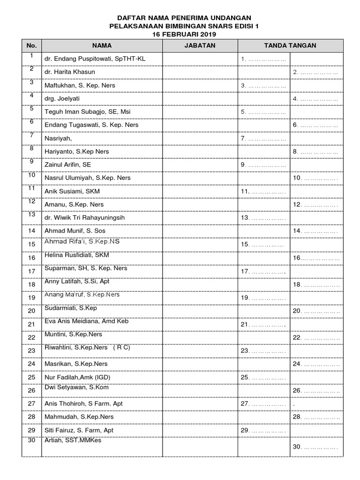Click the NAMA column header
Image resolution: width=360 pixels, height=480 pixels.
point(102,45)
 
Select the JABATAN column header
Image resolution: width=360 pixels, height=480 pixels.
point(200,45)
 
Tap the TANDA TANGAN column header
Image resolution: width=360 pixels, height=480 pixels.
point(290,45)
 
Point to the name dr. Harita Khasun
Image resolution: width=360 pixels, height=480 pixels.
point(69,72)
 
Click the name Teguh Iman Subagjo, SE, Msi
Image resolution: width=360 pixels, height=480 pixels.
point(88,112)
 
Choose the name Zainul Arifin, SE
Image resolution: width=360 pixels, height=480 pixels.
point(68,165)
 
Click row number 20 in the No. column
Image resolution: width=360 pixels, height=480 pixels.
point(32,311)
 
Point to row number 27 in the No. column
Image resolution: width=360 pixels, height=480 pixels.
point(32,404)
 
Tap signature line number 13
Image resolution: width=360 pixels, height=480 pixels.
point(263,218)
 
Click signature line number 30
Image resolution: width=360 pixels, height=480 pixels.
point(315,447)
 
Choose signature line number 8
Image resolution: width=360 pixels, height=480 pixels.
point(315,152)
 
